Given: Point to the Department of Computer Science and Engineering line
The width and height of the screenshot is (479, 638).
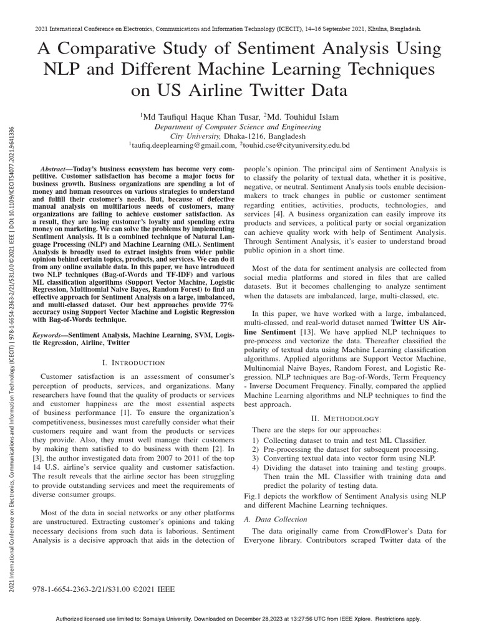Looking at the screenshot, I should coord(239,126).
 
